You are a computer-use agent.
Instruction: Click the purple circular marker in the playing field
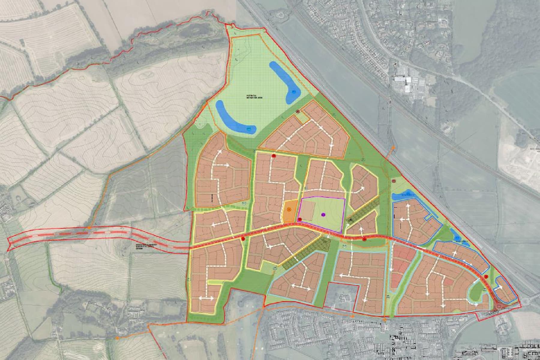pyautogui.click(x=323, y=214)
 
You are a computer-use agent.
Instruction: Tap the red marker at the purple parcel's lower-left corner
pyautogui.click(x=299, y=220)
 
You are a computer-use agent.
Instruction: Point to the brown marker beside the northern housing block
pyautogui.click(x=298, y=111)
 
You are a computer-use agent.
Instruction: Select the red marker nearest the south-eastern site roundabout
pyautogui.click(x=486, y=277)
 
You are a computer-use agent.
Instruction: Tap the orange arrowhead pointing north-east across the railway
pyautogui.click(x=394, y=148)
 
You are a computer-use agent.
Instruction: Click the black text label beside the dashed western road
pyautogui.click(x=141, y=246)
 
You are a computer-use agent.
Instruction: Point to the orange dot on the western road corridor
pyautogui.click(x=89, y=228)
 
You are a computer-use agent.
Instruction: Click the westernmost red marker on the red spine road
pyautogui.click(x=243, y=239)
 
